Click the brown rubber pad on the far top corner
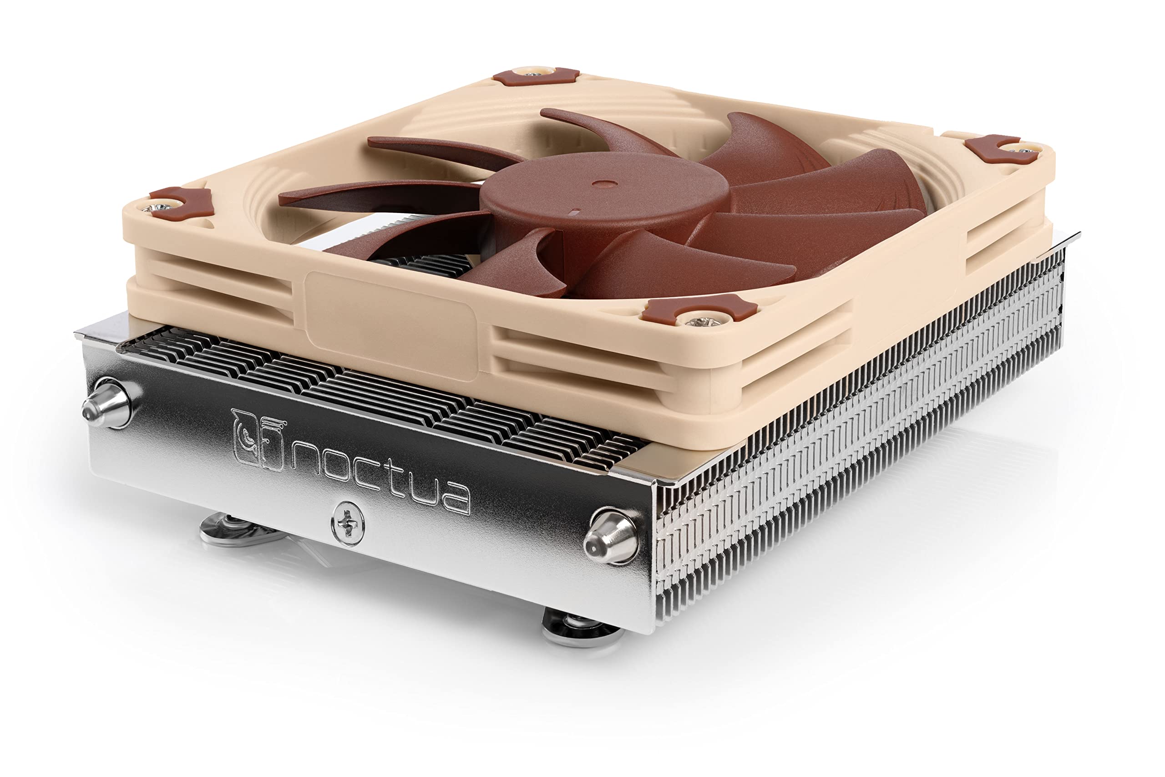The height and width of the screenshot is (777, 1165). click(x=537, y=76)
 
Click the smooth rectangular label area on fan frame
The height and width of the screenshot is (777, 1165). click(x=391, y=325)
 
